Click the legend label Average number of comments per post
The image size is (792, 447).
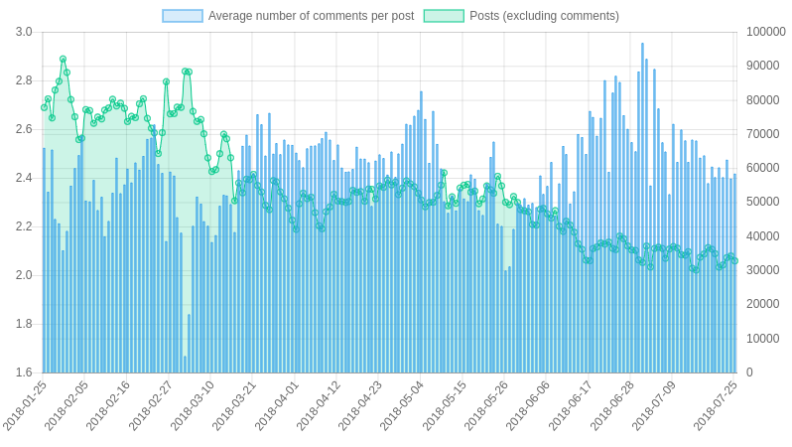click(311, 16)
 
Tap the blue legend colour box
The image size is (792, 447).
click(183, 16)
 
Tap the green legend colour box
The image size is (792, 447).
click(444, 16)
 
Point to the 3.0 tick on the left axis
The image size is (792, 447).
click(24, 32)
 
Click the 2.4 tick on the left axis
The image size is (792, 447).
click(24, 178)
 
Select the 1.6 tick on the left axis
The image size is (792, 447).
click(24, 372)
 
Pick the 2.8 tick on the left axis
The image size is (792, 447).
click(24, 80)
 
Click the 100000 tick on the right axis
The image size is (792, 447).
click(765, 32)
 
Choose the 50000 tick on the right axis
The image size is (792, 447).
click(762, 202)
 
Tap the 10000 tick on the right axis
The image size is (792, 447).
click(762, 339)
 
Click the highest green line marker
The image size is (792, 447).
click(63, 60)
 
